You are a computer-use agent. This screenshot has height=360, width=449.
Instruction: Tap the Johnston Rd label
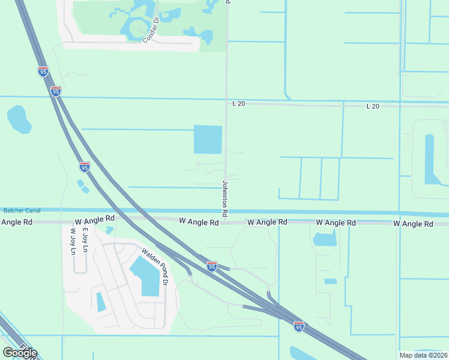[x=225, y=199]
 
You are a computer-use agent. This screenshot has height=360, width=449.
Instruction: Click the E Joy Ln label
[x=85, y=240]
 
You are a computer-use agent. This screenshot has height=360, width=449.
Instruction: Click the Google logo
[x=20, y=353]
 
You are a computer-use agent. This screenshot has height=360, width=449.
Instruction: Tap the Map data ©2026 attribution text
[x=423, y=355]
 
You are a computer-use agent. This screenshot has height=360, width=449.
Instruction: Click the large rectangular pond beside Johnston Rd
[x=208, y=139]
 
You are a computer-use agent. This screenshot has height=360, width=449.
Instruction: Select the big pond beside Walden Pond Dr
[x=146, y=275]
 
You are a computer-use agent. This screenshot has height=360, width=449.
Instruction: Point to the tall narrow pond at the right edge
[x=432, y=158]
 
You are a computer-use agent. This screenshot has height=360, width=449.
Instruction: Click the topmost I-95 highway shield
[x=43, y=72]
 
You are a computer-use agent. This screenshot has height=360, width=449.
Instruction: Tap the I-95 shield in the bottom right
[x=299, y=326]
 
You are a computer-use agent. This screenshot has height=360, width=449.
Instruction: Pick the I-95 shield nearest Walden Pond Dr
[x=211, y=266]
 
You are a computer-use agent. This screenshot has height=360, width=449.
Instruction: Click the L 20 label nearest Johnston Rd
[x=239, y=104]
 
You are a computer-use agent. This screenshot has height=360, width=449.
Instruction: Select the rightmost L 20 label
[x=373, y=106]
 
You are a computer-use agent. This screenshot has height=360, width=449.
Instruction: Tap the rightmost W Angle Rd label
[x=413, y=224]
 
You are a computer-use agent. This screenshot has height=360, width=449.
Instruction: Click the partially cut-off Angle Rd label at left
[x=16, y=222]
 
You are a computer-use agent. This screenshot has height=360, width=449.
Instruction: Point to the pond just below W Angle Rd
[x=325, y=238]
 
